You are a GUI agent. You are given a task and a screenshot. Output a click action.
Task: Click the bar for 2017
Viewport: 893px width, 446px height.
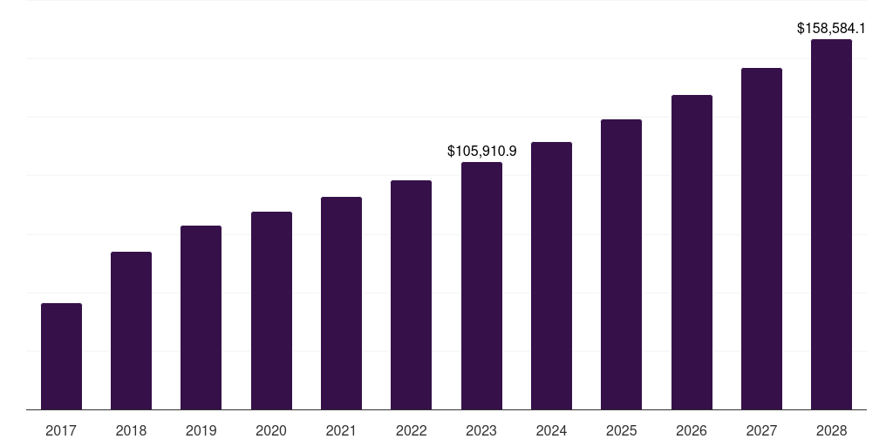pyautogui.click(x=61, y=356)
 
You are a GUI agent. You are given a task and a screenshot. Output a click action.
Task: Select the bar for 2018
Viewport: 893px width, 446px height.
pyautogui.click(x=131, y=331)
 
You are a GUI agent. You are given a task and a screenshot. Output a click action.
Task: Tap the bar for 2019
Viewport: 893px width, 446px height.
pyautogui.click(x=201, y=318)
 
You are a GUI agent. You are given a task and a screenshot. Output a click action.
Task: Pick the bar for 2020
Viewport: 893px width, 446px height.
pyautogui.click(x=271, y=311)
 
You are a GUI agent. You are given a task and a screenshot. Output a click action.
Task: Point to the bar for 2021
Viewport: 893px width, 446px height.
pyautogui.click(x=341, y=303)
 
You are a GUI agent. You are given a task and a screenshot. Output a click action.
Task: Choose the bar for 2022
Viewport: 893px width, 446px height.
pyautogui.click(x=412, y=295)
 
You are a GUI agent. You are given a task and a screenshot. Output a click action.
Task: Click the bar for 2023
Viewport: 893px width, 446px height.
pyautogui.click(x=481, y=286)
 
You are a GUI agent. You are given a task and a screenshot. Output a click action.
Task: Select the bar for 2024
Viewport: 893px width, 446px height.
pyautogui.click(x=551, y=276)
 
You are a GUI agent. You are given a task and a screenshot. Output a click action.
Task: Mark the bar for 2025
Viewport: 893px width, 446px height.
pyautogui.click(x=622, y=265)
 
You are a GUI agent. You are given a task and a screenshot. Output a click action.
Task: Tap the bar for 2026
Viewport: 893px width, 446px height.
pyautogui.click(x=692, y=253)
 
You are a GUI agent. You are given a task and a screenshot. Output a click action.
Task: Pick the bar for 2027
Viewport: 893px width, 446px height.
pyautogui.click(x=761, y=239)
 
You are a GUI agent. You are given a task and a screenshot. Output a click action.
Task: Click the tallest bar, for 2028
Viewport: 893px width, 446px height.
pyautogui.click(x=831, y=225)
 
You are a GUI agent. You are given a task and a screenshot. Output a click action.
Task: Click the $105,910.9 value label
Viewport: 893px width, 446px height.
pyautogui.click(x=481, y=152)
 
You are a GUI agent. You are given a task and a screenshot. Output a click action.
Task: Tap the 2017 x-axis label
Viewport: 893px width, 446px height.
pyautogui.click(x=61, y=430)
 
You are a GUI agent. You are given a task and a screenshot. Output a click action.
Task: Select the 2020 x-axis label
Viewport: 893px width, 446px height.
pyautogui.click(x=271, y=430)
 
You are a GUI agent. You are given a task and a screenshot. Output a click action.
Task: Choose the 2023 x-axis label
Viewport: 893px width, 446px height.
pyautogui.click(x=481, y=430)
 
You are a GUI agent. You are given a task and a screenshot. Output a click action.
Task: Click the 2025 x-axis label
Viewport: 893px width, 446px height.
pyautogui.click(x=622, y=430)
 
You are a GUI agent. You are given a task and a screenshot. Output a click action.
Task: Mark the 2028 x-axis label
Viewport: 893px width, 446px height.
pyautogui.click(x=831, y=430)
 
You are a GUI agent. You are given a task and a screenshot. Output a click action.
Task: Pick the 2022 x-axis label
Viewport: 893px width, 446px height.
pyautogui.click(x=412, y=430)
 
